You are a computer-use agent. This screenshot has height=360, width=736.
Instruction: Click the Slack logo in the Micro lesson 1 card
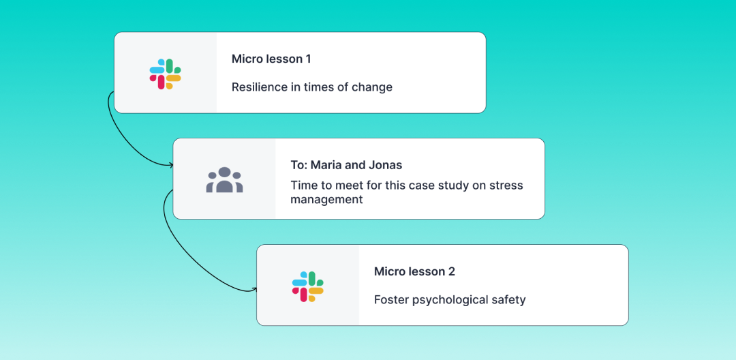point(165,74)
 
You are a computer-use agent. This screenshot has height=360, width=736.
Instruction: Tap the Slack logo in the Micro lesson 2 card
point(308,287)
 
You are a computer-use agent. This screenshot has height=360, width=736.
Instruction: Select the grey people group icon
point(224,180)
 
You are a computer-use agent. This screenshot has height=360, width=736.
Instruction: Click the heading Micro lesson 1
point(271,59)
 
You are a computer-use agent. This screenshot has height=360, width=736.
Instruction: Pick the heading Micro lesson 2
point(414,272)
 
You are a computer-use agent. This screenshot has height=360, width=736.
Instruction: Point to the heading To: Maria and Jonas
point(346,165)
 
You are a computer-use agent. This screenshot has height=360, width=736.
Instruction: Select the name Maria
point(325,165)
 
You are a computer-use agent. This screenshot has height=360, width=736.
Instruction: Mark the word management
point(326,200)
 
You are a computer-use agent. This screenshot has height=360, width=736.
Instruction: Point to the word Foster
point(390,299)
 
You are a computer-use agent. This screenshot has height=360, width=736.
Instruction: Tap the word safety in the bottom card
point(513,300)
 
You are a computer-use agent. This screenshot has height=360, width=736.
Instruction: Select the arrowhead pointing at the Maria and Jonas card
point(171,165)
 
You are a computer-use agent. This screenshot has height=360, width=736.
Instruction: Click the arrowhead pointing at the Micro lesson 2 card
point(255,290)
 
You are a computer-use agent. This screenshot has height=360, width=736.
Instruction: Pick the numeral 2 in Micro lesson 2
point(452,272)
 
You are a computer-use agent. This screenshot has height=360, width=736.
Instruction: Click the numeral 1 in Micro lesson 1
point(309,59)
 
